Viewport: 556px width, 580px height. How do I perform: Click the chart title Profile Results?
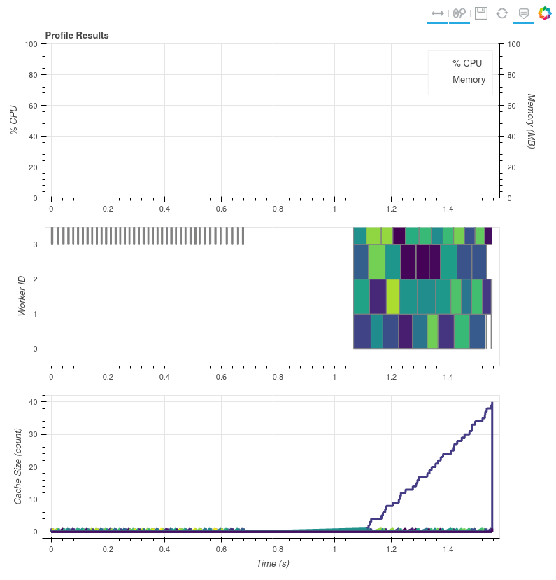click(77, 35)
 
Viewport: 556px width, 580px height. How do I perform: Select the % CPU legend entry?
click(467, 63)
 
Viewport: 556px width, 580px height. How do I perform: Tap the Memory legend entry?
click(469, 79)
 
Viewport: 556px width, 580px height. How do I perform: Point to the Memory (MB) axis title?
click(531, 120)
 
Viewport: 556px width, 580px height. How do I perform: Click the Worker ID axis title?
click(22, 296)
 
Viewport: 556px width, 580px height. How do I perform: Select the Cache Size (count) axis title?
click(19, 466)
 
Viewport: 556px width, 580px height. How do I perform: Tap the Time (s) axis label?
click(273, 563)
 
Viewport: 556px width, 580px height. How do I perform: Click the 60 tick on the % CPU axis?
click(31, 105)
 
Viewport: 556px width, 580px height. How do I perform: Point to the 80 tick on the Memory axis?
click(513, 74)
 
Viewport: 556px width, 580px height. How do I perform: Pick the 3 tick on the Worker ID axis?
click(34, 244)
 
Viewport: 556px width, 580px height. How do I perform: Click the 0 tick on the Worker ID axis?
click(34, 349)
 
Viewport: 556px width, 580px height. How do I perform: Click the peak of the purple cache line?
click(492, 403)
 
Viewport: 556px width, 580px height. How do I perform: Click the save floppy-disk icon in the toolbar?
click(481, 13)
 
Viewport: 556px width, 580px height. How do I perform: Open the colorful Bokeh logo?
click(545, 13)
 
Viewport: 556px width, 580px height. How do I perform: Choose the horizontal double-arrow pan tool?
click(438, 13)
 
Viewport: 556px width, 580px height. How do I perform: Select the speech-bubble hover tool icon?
click(523, 13)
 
